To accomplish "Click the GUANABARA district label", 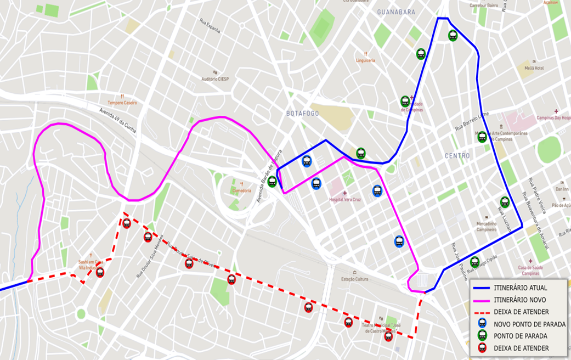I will click(x=396, y=12).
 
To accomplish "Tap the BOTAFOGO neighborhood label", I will click(x=302, y=113).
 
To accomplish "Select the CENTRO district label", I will click(x=457, y=156).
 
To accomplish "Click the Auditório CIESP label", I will click(x=215, y=78).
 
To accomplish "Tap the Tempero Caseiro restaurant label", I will click(x=122, y=103).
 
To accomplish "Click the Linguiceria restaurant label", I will click(x=365, y=60).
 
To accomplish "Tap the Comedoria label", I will click(x=241, y=190).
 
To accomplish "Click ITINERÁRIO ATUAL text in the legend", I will click(x=520, y=288).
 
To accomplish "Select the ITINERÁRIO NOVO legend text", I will click(x=519, y=300).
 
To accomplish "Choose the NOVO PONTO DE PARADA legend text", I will click(x=529, y=324).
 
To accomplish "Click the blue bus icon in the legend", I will click(x=482, y=324).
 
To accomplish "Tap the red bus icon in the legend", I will click(x=482, y=348).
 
